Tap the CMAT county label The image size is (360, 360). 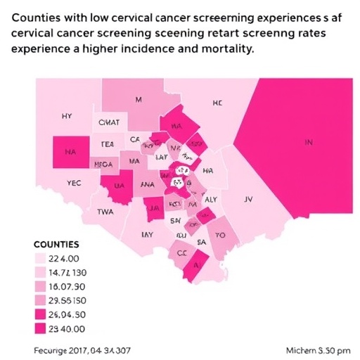(x=110, y=123)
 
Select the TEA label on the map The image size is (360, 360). (x=107, y=143)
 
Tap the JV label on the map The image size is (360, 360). (x=247, y=200)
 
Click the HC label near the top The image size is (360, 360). (x=217, y=103)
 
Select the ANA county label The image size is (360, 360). (x=147, y=184)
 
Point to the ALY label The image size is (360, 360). (x=210, y=200)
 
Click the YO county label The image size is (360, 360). (x=220, y=236)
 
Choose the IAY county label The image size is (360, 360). (x=147, y=234)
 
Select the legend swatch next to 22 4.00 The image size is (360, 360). (x=39, y=258)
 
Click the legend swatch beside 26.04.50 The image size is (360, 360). (x=39, y=314)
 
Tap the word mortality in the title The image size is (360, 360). (x=222, y=50)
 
